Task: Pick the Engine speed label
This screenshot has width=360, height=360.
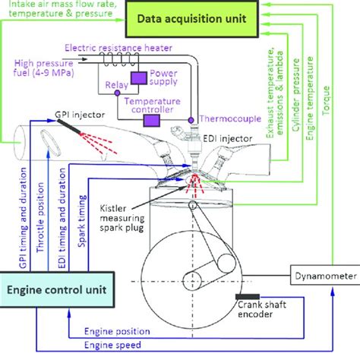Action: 110,345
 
